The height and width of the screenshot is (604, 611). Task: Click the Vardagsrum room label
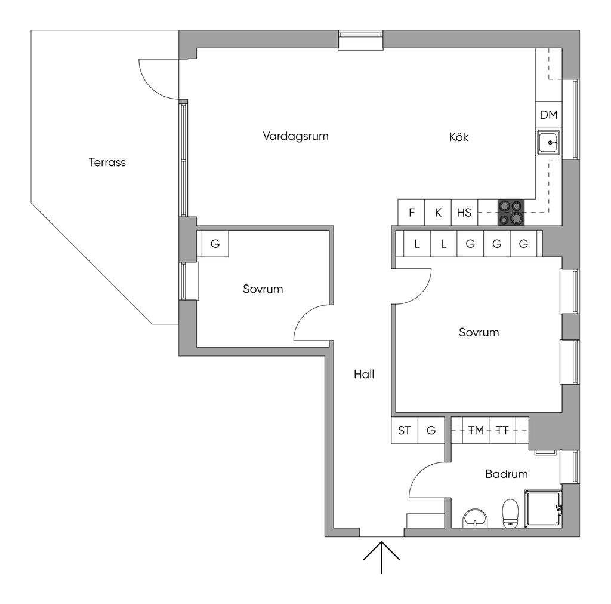[295, 136]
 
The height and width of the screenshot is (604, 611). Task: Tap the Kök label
[459, 137]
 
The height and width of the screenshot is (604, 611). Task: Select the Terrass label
[107, 163]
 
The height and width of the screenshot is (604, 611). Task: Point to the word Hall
[364, 374]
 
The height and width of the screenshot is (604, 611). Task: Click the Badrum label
[507, 474]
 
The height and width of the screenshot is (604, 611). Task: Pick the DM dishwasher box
[549, 115]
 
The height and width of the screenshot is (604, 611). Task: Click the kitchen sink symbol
[549, 142]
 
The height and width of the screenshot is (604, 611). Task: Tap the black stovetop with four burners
[511, 213]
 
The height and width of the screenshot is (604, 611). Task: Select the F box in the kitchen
[411, 213]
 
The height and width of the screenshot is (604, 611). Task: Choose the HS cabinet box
[464, 213]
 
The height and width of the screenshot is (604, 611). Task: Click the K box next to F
[438, 213]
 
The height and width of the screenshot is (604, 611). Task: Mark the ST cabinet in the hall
[405, 430]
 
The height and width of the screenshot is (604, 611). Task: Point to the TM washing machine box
[476, 430]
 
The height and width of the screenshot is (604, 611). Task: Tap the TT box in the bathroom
[502, 430]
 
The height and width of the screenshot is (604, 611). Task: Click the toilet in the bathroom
[510, 513]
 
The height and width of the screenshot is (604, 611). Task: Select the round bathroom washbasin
[475, 519]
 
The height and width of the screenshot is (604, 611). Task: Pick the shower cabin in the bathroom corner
[543, 508]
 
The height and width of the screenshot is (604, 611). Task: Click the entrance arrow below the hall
[381, 557]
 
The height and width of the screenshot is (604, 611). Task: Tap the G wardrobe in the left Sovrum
[215, 244]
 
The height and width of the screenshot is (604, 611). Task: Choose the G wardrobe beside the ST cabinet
[431, 430]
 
